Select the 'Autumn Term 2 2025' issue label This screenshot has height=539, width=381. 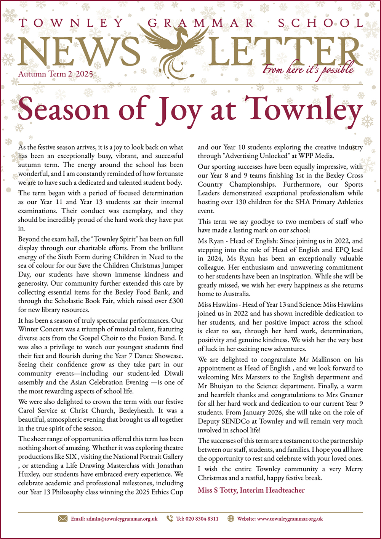coord(56,74)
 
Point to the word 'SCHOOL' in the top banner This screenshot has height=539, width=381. coord(320,23)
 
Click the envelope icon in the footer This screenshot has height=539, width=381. coord(62,518)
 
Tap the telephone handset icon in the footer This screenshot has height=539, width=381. coord(170,518)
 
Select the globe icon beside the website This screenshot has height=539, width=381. coord(231,518)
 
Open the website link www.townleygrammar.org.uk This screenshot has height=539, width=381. coord(290,519)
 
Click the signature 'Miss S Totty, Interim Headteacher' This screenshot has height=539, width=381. coord(251,490)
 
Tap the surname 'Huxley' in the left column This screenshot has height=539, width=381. coord(29,474)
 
